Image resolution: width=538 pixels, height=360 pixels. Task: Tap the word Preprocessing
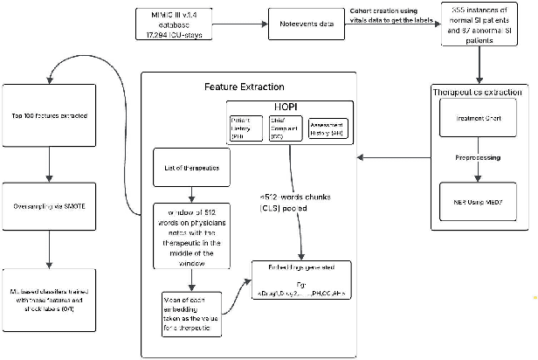(x=478, y=159)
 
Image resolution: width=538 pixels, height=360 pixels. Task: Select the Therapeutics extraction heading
(x=479, y=92)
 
